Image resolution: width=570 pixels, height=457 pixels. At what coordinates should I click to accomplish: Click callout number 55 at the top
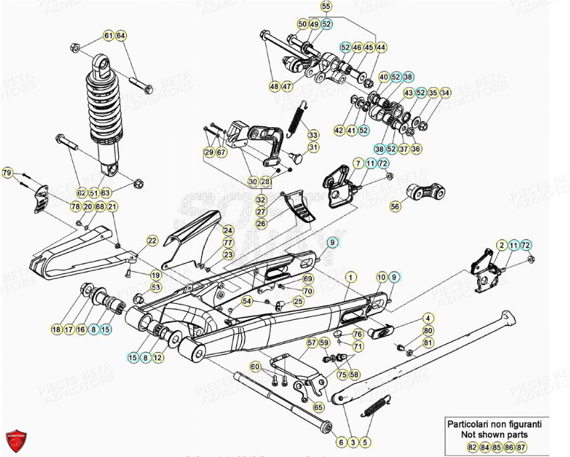coord(325,7)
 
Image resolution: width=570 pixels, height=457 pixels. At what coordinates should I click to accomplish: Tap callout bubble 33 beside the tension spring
coord(313,135)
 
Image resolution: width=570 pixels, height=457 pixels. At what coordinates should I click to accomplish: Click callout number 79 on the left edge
coord(7,174)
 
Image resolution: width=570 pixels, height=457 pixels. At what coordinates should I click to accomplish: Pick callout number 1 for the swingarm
coord(348,276)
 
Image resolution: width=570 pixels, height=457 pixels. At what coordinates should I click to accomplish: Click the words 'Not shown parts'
coord(493,434)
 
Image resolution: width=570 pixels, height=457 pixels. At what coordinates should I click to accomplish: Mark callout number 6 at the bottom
coord(341,442)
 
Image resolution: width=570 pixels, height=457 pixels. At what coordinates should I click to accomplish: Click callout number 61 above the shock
coord(108,35)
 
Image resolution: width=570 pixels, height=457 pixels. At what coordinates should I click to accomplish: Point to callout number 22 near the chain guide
coord(152,241)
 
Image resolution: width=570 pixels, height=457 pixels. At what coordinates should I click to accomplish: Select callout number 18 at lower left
coord(56,329)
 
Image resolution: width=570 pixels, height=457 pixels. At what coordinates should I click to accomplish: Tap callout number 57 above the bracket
coord(311,343)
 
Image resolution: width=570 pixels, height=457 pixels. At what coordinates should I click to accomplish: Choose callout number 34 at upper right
coord(446,92)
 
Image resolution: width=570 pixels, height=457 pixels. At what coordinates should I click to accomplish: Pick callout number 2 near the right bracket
coord(501,246)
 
